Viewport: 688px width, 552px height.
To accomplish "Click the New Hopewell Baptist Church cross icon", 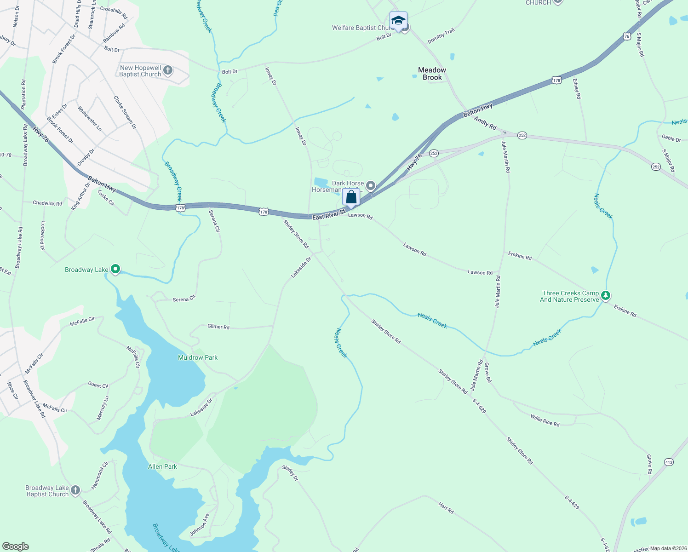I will [168, 70].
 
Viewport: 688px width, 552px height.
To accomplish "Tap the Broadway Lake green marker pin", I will [115, 269].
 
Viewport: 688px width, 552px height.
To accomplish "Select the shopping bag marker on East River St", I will [351, 197].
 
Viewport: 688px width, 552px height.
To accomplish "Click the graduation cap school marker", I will [398, 21].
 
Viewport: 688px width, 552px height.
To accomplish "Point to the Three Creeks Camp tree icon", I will [606, 296].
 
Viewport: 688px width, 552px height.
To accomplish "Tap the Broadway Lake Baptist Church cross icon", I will [75, 490].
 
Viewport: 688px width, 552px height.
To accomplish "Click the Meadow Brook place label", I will [432, 74].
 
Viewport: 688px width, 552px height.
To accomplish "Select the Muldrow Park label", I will [198, 357].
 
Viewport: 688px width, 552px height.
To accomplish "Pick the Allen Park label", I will [162, 466].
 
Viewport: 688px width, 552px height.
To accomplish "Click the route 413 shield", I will [669, 462].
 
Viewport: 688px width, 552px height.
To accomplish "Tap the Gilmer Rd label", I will [218, 327].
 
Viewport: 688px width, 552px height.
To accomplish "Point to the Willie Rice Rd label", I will [545, 420].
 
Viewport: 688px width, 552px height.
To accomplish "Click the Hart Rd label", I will [446, 508].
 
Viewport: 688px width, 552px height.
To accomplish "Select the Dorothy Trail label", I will [441, 36].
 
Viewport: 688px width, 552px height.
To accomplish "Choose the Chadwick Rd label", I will [47, 203].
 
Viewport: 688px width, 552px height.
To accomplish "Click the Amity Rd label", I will [485, 123].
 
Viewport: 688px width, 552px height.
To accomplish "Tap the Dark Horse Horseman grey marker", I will [371, 186].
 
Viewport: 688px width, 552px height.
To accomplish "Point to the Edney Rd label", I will [577, 89].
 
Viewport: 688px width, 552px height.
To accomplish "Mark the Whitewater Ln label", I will [90, 119].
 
